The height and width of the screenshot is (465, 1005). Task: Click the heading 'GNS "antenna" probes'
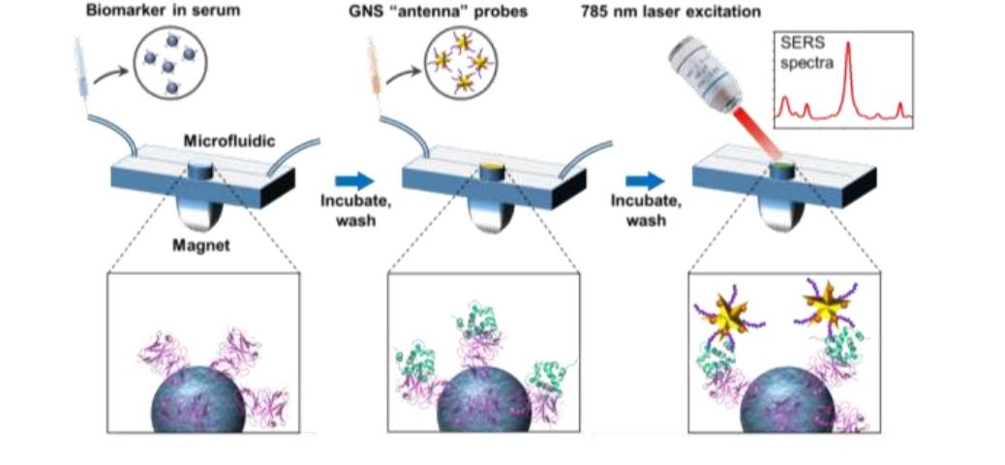click(x=454, y=12)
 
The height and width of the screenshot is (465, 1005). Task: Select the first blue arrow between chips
click(x=351, y=180)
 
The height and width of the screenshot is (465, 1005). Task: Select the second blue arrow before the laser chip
click(x=643, y=180)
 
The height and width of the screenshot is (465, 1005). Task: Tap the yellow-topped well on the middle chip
click(x=493, y=171)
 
